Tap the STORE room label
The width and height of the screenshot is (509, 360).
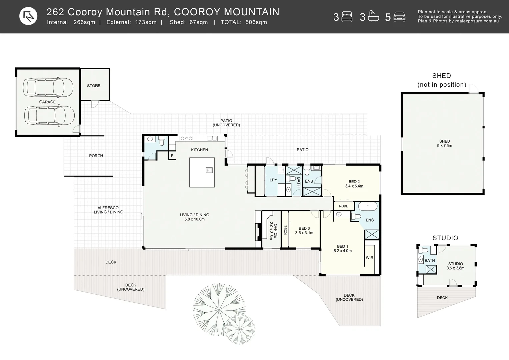tap(94, 86)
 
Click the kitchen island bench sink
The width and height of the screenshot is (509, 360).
tap(209, 170)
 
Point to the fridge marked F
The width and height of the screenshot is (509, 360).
tap(172, 156)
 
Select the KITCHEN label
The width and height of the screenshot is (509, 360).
tap(199, 150)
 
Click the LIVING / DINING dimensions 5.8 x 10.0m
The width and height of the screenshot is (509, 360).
tap(194, 219)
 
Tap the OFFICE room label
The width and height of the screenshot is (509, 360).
tap(273, 231)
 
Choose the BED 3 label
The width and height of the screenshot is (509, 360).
tap(304, 229)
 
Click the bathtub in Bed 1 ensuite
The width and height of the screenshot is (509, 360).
tap(368, 206)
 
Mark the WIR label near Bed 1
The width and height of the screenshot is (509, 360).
tap(369, 258)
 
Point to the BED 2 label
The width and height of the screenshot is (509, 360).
tap(354, 182)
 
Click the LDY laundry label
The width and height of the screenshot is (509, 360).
tap(273, 180)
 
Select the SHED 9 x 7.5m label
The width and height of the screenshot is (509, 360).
tap(444, 143)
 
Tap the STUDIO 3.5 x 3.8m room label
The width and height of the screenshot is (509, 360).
tap(455, 266)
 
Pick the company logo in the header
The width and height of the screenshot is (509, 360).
tap(28, 16)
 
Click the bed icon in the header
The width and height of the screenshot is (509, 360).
tap(347, 17)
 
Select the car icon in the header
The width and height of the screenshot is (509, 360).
tap(399, 17)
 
